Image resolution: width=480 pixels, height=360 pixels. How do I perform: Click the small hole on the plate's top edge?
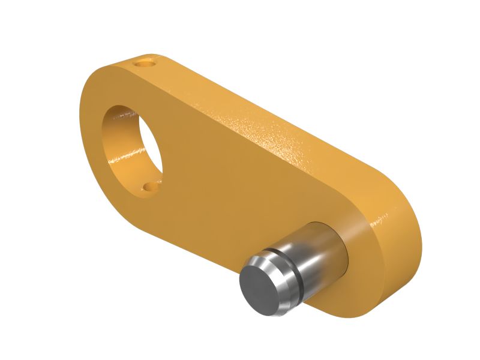145,61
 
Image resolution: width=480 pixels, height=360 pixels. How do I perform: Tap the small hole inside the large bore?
148,187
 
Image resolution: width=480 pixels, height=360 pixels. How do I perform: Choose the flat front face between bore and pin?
222,192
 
